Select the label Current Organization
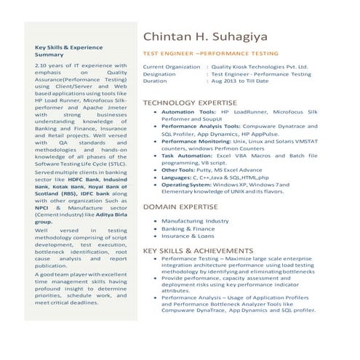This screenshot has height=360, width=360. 171,66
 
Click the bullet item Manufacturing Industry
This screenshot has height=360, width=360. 195,220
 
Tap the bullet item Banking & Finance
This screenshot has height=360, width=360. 188,229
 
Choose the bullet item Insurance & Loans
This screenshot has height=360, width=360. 188,237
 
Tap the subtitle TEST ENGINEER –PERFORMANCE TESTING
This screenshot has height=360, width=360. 210,53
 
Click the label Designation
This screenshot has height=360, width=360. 159,73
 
